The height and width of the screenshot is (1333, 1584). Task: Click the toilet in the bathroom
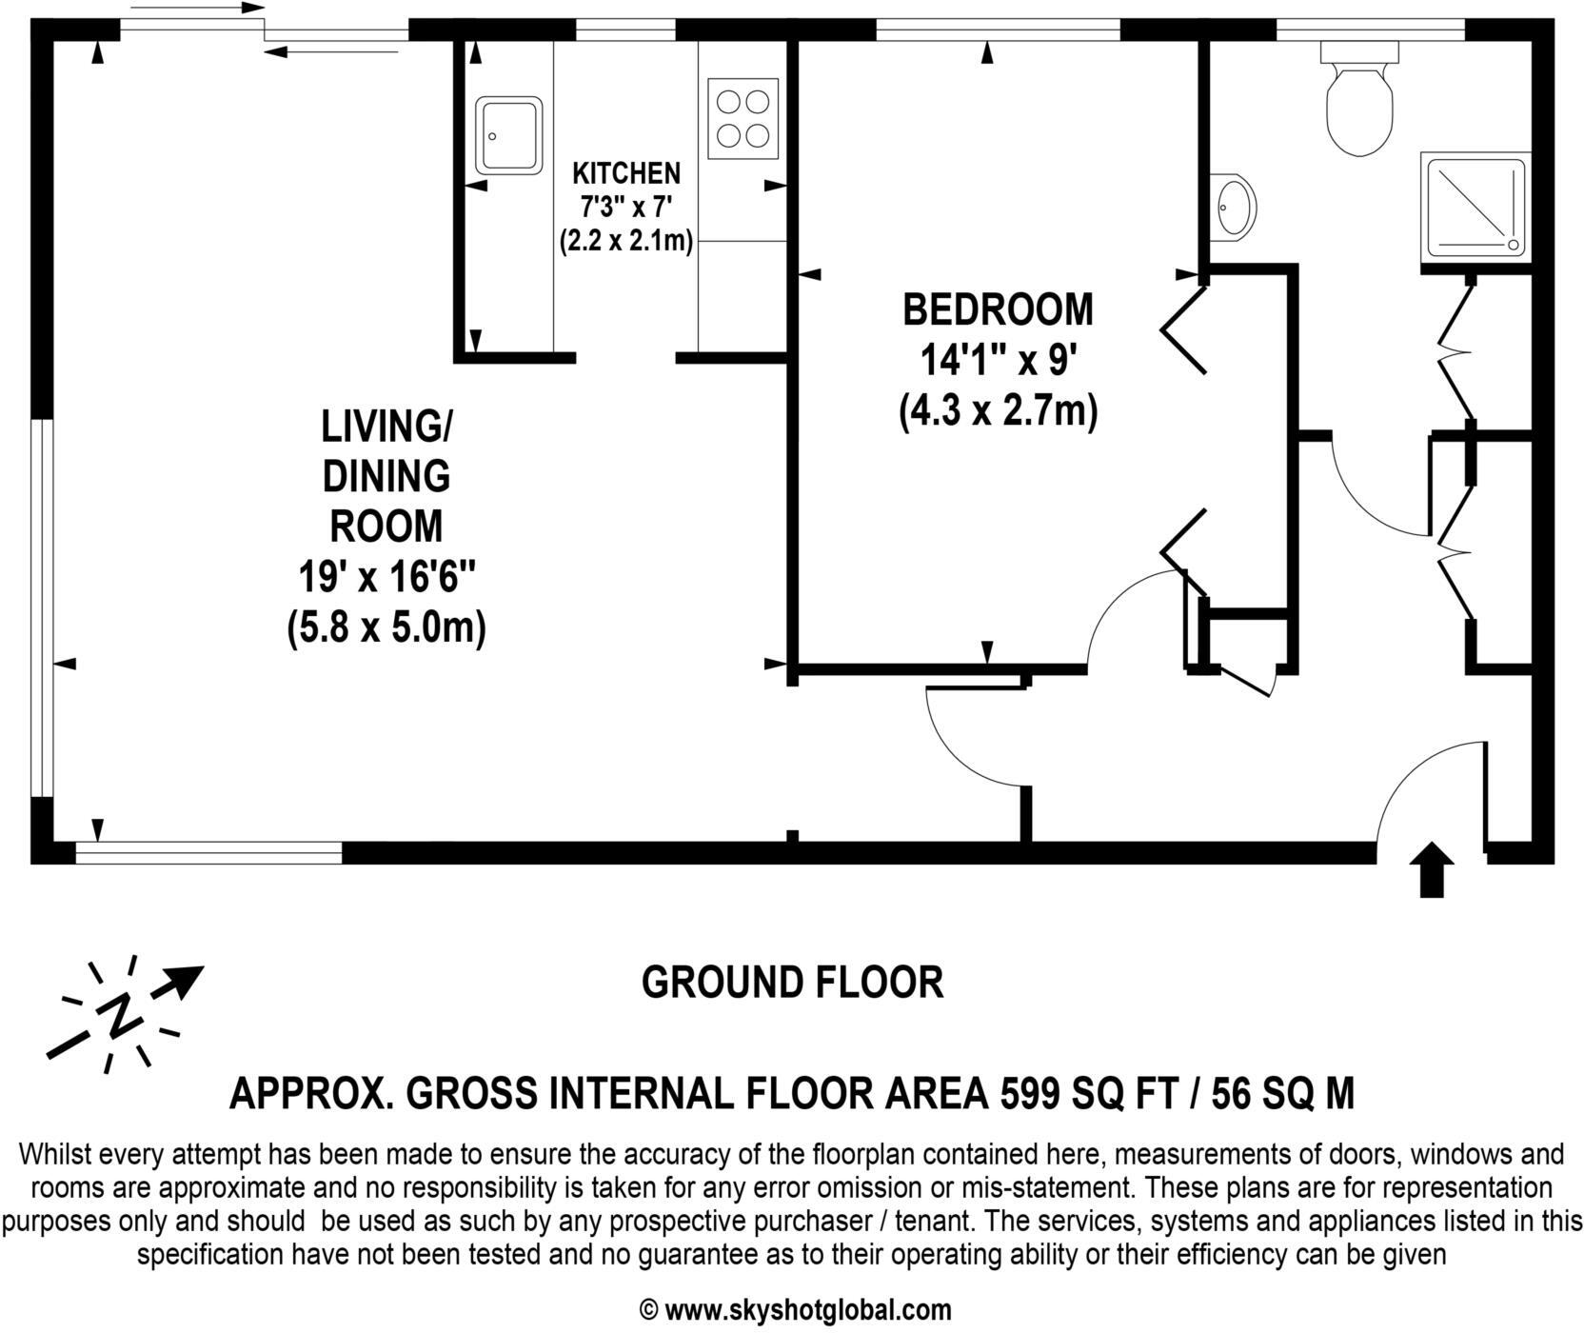[x=1359, y=105]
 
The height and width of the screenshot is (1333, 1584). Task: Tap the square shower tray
[x=1474, y=207]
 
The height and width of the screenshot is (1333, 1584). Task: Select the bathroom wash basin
[x=1235, y=205]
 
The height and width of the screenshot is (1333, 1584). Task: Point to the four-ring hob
[x=742, y=118]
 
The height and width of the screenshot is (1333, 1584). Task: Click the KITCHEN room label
[x=626, y=173]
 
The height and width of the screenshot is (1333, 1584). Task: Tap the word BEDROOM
[x=998, y=310]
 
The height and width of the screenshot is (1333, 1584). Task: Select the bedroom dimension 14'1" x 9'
[x=998, y=362]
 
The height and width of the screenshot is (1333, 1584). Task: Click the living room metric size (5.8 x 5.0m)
[x=386, y=629]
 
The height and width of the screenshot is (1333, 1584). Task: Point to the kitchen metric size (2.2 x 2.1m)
[x=626, y=241]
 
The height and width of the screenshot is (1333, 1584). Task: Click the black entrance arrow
[x=1431, y=870]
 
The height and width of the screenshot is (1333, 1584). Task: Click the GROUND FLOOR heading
[x=792, y=983]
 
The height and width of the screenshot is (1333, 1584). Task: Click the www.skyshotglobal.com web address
[x=807, y=1310]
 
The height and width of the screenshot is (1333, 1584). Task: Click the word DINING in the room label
[x=386, y=476]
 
